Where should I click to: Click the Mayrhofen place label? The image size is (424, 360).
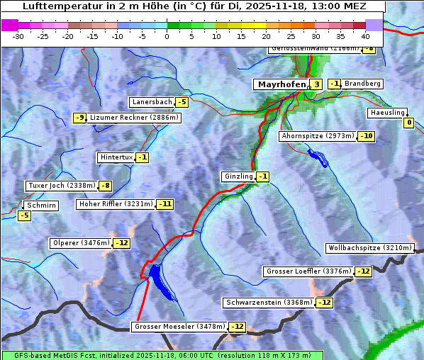pos(281,84)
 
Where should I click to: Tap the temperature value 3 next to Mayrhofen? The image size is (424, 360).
pos(316,84)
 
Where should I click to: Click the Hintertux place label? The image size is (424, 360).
pos(116,157)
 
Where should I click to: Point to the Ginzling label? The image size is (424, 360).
pos(238,176)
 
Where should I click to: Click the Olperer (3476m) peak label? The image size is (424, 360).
pos(81,243)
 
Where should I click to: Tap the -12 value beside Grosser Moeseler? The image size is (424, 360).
pos(237,327)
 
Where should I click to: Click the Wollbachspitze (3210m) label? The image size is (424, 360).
pos(369,248)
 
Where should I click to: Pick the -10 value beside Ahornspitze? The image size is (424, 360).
pos(366,136)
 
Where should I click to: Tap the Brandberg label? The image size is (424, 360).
pos(362,84)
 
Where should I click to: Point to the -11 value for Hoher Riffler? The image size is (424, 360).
pos(164,204)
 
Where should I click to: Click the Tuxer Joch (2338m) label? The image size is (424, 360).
pos(61,186)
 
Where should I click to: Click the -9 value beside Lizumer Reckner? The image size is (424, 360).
pos(79,118)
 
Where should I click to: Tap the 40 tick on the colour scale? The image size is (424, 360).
pos(365,35)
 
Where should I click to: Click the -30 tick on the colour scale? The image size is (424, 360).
pos(18,35)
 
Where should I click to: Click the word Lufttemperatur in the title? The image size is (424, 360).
pos(55,6)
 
